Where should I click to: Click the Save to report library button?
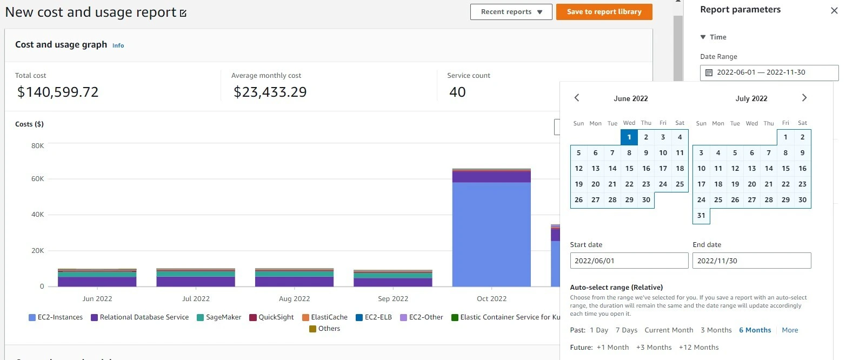click(604, 12)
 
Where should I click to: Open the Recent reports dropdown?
click(511, 12)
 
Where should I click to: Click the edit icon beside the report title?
click(183, 13)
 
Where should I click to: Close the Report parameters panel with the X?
click(834, 10)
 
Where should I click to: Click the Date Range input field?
click(769, 72)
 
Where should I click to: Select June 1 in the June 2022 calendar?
click(629, 137)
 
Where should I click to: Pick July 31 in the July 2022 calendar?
click(701, 215)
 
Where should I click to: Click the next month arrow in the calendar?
click(804, 98)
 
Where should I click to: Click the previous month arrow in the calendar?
click(577, 98)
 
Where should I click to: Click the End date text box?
click(751, 261)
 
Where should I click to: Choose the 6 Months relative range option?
click(755, 330)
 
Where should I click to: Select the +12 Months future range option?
click(698, 347)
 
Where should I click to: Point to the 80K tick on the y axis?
click(38, 146)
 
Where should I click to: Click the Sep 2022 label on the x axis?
click(392, 299)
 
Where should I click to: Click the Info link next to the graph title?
click(118, 45)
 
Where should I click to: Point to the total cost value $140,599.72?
click(58, 92)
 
